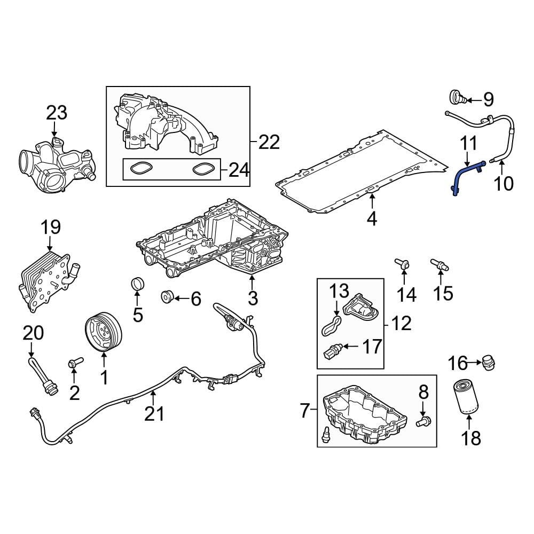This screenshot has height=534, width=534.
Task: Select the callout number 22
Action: pos(269,142)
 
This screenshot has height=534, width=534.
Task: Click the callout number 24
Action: pos(239,170)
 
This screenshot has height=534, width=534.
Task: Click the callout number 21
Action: pos(155,413)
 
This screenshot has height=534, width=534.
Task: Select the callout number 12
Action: pos(401,323)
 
